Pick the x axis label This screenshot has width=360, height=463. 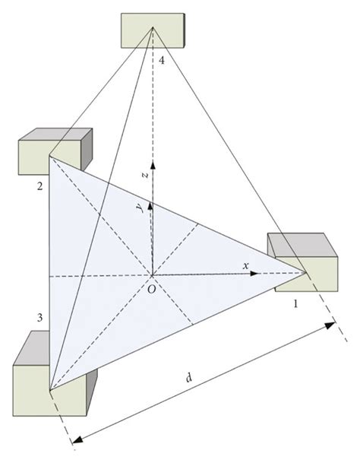tap(245, 265)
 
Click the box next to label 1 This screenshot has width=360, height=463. tap(302, 262)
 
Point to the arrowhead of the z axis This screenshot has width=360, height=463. tap(153, 163)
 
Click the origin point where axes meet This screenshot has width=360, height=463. tap(152, 274)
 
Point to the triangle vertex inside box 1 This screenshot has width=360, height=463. tap(308, 270)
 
